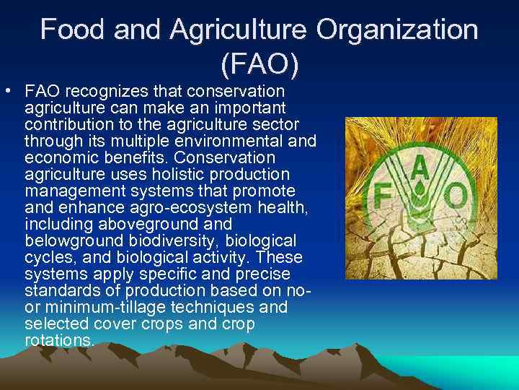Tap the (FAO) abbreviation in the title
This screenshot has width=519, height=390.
259,65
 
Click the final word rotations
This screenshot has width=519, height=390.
59,340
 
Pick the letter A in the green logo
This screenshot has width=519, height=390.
420,165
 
